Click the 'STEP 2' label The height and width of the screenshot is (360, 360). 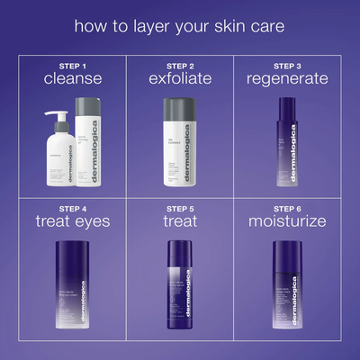pos(180,66)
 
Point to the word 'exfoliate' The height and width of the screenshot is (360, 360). pos(180,79)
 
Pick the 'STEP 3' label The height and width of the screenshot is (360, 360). pos(287,66)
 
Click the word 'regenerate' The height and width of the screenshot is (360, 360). pos(287,79)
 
